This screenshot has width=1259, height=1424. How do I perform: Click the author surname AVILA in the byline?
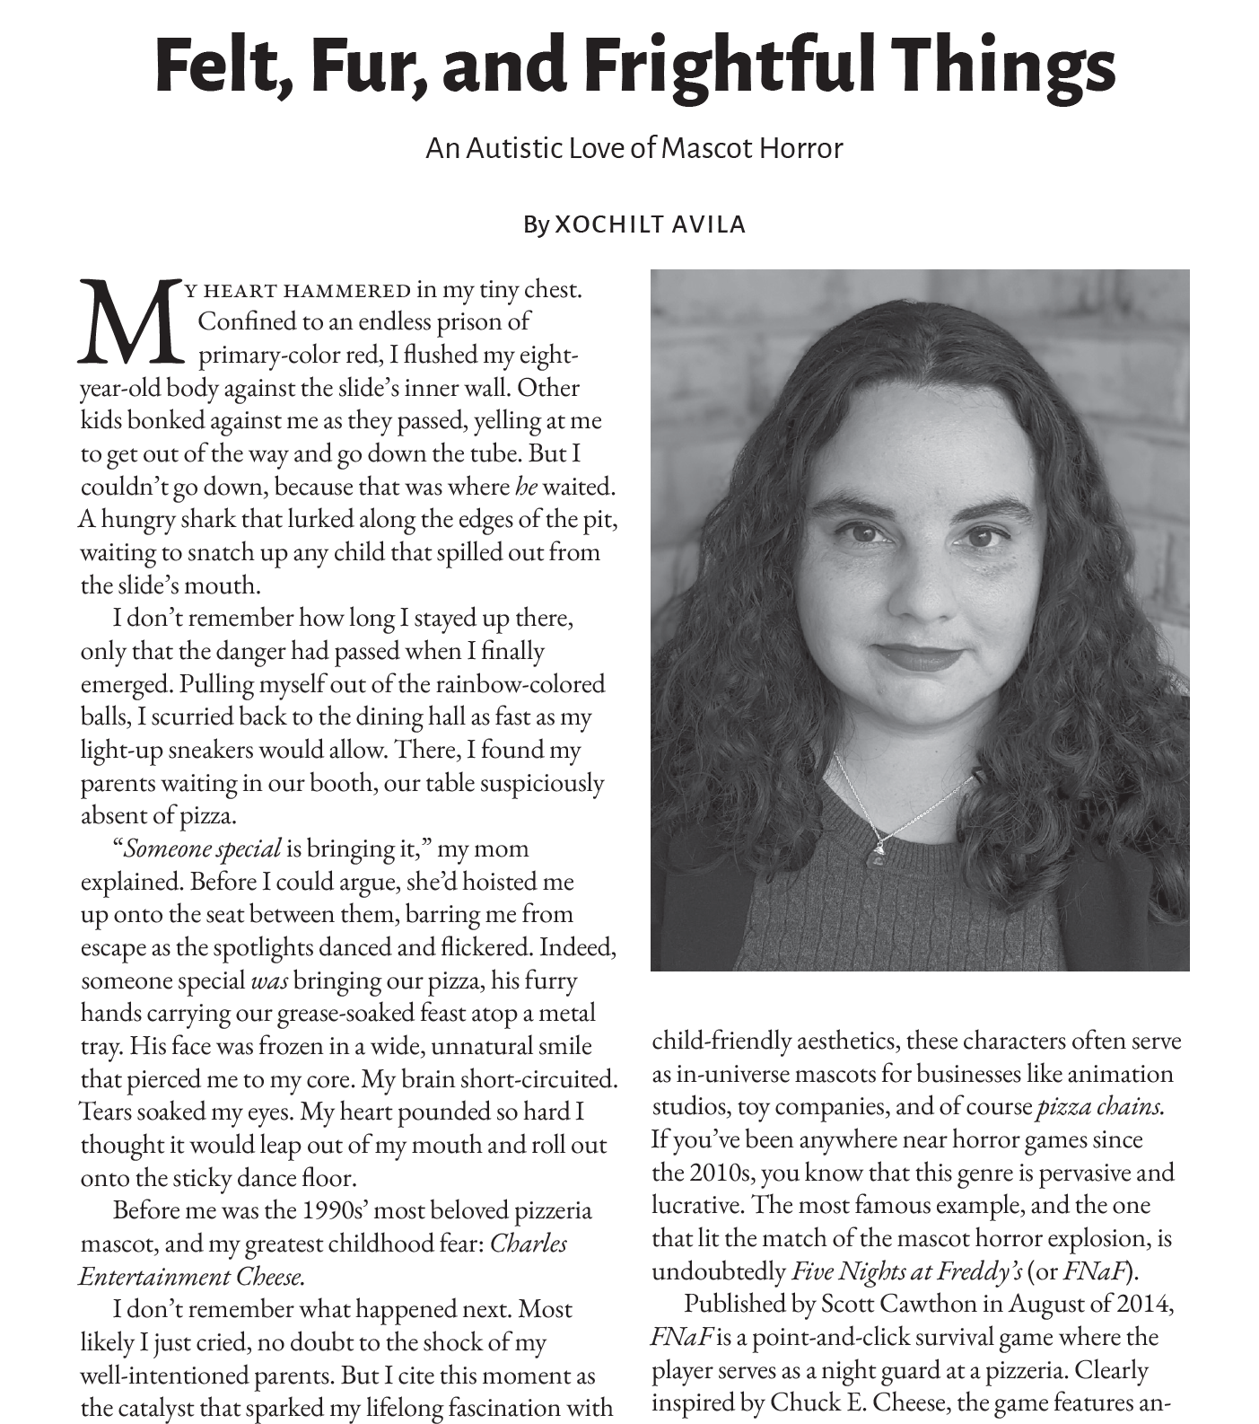(707, 224)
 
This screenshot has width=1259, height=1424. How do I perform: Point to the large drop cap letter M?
(130, 323)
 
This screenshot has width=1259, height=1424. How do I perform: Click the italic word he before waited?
(526, 487)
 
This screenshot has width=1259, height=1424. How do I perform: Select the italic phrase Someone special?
(202, 848)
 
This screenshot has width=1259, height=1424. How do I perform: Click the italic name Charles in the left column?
(528, 1244)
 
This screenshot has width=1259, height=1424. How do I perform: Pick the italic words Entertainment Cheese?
(191, 1277)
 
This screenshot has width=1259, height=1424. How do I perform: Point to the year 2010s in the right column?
(718, 1173)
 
